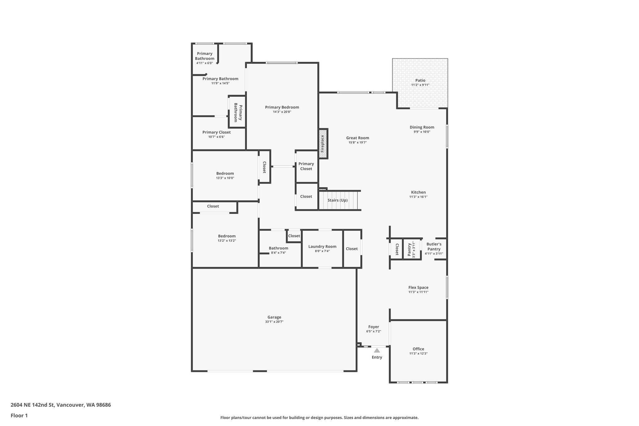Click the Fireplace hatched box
point(323,144)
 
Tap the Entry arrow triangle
point(377,350)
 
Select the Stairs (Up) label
point(337,200)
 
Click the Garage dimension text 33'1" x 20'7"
point(274,322)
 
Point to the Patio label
point(420,81)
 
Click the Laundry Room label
point(322,247)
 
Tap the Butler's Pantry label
point(434,247)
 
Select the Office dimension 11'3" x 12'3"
point(418,354)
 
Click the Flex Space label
point(418,287)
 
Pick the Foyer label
point(373,327)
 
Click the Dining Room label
point(422,127)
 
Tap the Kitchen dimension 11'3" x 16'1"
point(418,197)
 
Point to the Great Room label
point(358,138)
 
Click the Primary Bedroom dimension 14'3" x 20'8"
point(282,112)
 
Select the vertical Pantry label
point(410,249)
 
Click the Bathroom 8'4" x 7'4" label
point(278,248)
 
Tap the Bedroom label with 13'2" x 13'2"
point(227,236)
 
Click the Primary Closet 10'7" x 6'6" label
point(217,132)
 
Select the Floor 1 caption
point(19,416)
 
